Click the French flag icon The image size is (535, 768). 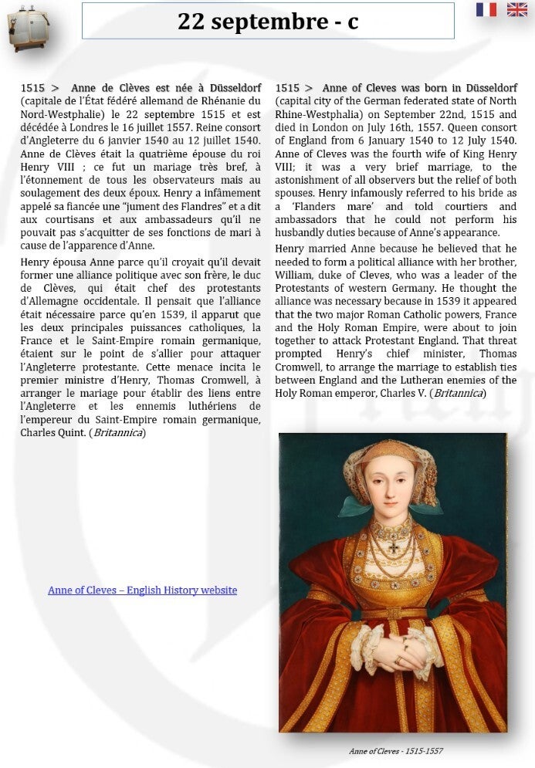[486, 9]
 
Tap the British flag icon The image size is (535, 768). [516, 9]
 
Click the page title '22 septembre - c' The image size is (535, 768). [268, 22]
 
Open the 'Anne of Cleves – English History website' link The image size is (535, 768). [142, 590]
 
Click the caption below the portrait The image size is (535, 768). [395, 751]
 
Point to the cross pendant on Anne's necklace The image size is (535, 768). [394, 548]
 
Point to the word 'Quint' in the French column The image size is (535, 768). [71, 433]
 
